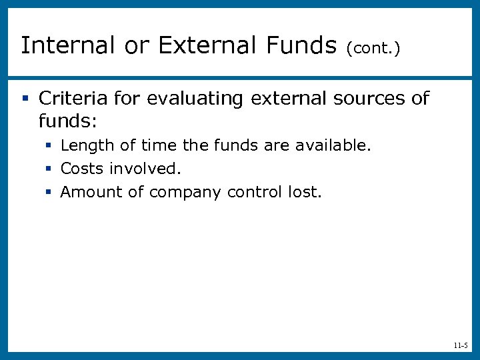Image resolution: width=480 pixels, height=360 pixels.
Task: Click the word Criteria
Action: click(x=70, y=99)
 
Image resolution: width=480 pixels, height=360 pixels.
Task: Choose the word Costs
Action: click(x=81, y=169)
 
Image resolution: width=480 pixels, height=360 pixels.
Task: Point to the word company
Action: click(x=186, y=193)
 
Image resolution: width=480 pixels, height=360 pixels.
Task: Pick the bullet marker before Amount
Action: click(x=49, y=193)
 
